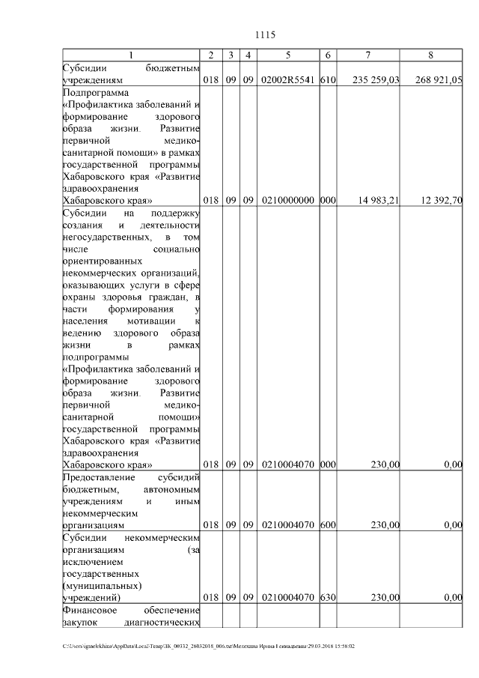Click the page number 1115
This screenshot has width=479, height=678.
click(x=266, y=34)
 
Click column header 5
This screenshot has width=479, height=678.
click(x=288, y=55)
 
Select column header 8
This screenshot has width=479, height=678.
click(x=430, y=55)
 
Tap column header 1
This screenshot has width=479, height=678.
click(x=132, y=55)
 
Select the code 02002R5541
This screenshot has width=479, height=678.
click(x=288, y=79)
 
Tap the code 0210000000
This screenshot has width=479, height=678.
click(x=288, y=200)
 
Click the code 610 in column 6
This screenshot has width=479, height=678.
click(x=326, y=79)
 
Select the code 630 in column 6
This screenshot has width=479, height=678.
click(x=326, y=597)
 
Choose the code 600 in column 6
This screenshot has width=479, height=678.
click(x=326, y=524)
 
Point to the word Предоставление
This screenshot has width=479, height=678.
click(x=101, y=476)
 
